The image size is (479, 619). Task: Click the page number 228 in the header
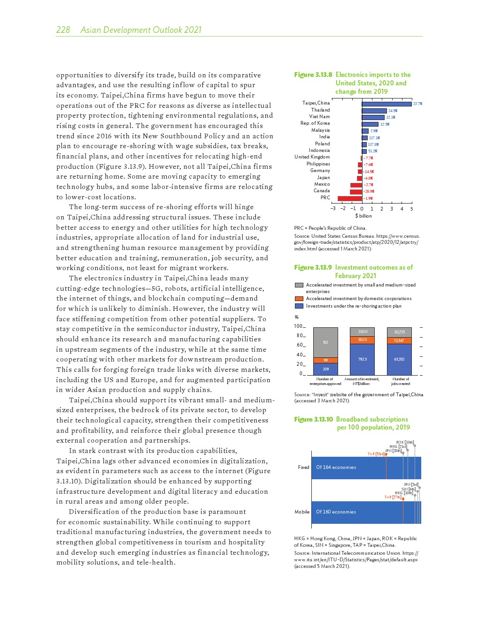pos(63,30)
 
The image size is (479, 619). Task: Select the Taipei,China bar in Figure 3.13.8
pos(386,104)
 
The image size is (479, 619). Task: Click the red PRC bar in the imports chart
pos(349,198)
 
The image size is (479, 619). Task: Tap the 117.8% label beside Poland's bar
pos(373,144)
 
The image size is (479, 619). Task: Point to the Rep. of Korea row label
pos(315,123)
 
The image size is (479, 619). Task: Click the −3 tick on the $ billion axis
pos(333,209)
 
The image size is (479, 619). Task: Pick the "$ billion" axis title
pos(363,216)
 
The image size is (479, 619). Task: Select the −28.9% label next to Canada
pos(369,191)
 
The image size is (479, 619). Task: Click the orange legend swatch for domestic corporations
pos(299,299)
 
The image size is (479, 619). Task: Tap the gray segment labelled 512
pos(325,343)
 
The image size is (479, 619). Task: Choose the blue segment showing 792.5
pos(362,359)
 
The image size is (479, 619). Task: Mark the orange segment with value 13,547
pos(399,340)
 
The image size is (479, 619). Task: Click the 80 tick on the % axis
pos(299,336)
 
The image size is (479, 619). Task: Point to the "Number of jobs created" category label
pos(401,381)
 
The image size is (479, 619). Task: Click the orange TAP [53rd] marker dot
pos(386,454)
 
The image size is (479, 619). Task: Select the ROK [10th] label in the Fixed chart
pos(405,442)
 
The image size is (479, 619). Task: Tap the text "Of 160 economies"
pos(336,512)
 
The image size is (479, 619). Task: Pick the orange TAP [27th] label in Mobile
pos(393,497)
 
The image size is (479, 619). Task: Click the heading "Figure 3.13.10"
pos(313,419)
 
